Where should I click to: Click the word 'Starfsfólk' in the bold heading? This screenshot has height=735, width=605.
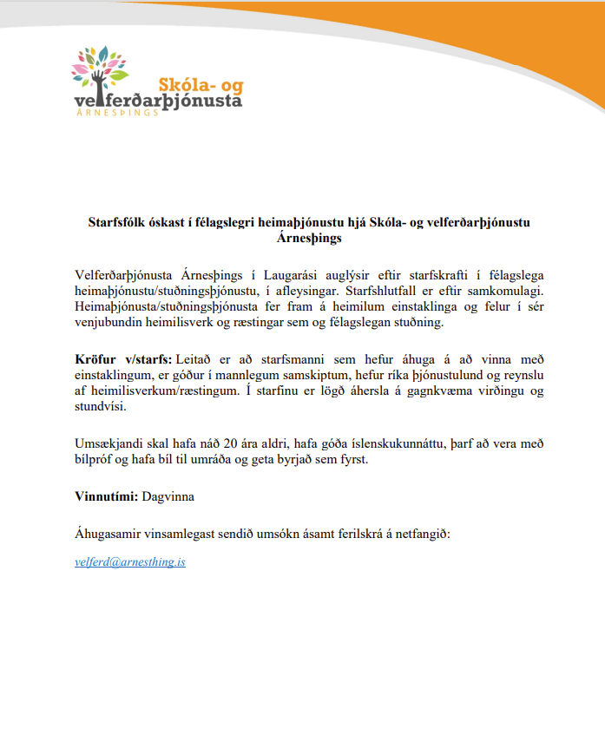tap(118, 222)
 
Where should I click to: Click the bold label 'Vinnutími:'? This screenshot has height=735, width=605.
tap(106, 497)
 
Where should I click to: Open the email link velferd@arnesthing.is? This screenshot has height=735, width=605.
tap(130, 562)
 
